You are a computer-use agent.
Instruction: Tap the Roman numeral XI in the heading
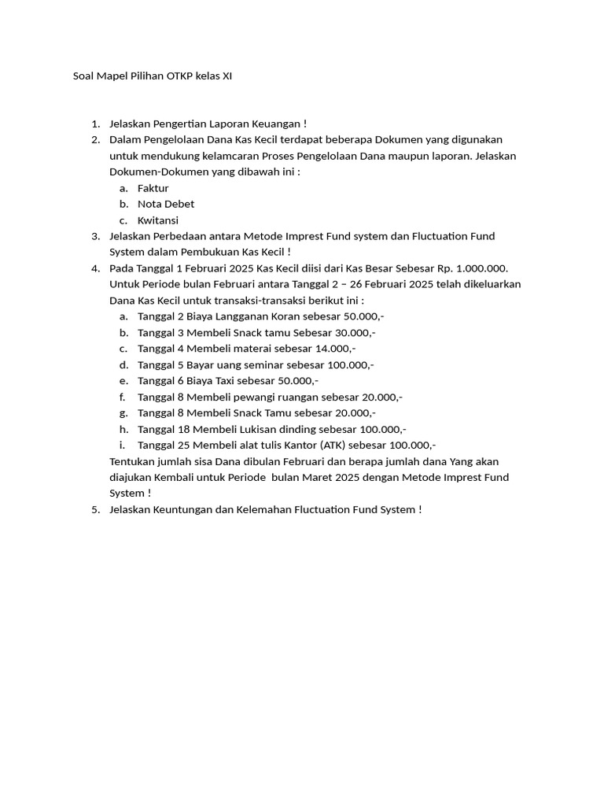click(x=226, y=76)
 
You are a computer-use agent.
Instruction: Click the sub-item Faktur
click(x=153, y=188)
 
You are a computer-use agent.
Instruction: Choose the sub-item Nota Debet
click(x=165, y=204)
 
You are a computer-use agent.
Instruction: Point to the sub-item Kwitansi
click(x=157, y=220)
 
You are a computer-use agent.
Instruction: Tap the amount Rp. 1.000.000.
click(x=470, y=268)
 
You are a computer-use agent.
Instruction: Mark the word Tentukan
click(x=132, y=461)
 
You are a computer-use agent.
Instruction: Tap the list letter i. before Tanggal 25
click(x=122, y=445)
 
